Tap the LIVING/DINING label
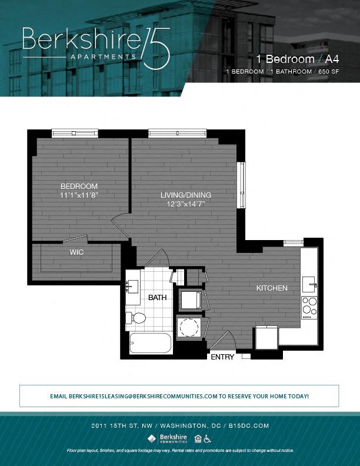tap(186, 195)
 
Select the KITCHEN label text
tap(271, 288)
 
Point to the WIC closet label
tap(76, 252)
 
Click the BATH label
tap(157, 298)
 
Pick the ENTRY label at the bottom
tap(222, 357)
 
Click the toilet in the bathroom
tap(136, 319)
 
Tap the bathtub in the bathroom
tap(149, 343)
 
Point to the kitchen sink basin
tap(309, 284)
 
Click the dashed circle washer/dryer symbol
tap(189, 327)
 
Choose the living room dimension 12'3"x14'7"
tap(186, 204)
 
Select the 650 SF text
tap(329, 71)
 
